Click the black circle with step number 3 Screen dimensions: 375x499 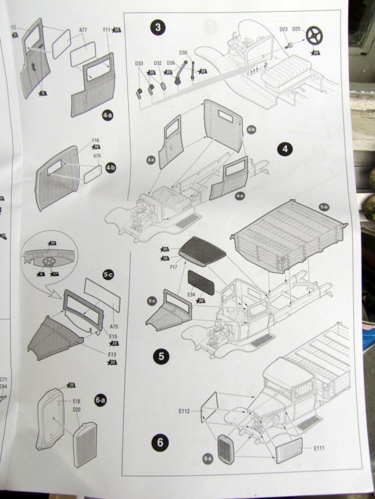pyautogui.click(x=156, y=27)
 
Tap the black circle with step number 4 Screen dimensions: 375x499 pyautogui.click(x=285, y=149)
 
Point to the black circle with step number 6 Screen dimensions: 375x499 pyautogui.click(x=159, y=442)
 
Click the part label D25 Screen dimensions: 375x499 pyautogui.click(x=296, y=29)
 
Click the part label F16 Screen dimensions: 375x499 pyautogui.click(x=96, y=140)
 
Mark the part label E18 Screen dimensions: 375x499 pyautogui.click(x=77, y=401)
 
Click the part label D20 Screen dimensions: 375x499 pyautogui.click(x=77, y=409)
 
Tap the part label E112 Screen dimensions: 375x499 pyautogui.click(x=184, y=411)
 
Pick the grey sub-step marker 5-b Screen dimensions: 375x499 pyautogui.click(x=324, y=207)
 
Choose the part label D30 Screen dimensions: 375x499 pyautogui.click(x=183, y=53)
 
